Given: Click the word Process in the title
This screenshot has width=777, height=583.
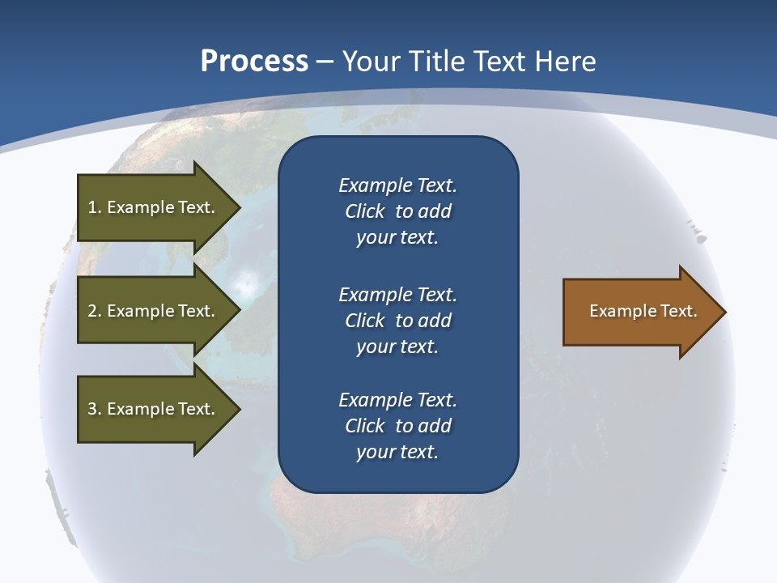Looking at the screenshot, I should pos(254,62).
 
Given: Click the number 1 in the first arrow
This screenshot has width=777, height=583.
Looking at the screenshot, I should pos(92,207).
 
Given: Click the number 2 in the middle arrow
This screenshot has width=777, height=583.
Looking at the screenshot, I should pos(92,311).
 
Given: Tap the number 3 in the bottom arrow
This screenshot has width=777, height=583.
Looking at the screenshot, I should pos(92,409).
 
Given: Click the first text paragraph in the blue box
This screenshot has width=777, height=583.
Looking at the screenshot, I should pos(397,211).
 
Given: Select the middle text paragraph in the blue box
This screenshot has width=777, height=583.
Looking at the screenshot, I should pos(397,321).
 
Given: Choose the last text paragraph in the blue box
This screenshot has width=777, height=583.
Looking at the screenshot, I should pos(397,426).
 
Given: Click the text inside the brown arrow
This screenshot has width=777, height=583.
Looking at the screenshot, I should pos(643,311).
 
